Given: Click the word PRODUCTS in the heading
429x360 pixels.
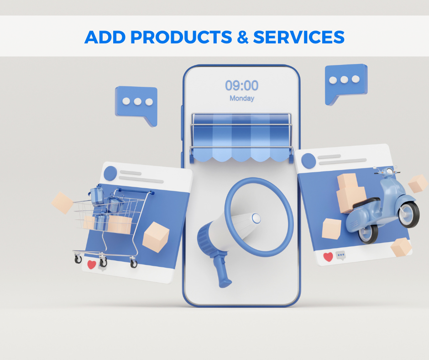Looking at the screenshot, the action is tap(181, 37).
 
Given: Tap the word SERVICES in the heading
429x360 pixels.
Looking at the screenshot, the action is tap(299, 37).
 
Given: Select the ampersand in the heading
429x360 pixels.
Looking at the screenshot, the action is tap(243, 37).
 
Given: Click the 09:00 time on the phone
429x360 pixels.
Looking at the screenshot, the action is tap(241, 85).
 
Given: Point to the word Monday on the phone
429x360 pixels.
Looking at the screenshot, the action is tap(242, 98).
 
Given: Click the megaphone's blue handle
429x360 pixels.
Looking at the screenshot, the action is tap(222, 271).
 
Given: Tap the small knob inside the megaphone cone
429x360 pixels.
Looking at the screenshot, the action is tap(256, 218).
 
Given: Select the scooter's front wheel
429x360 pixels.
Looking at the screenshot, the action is tap(409, 215).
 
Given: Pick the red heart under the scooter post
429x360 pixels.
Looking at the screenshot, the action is tap(328, 257).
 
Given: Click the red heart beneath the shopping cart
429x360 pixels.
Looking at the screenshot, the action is tap(92, 265).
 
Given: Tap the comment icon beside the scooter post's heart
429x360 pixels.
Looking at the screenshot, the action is tap(340, 255).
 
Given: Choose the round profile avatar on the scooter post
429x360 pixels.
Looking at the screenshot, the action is tap(309, 161).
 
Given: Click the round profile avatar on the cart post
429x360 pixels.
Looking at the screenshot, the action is tap(110, 173).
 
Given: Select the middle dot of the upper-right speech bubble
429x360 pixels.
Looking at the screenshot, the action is tap(344, 80).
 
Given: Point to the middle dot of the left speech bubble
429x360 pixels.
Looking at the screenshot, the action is tap(137, 101).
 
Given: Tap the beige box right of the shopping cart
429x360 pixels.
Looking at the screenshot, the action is tap(156, 237).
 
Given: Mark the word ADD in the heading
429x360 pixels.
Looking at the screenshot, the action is tap(105, 37).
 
